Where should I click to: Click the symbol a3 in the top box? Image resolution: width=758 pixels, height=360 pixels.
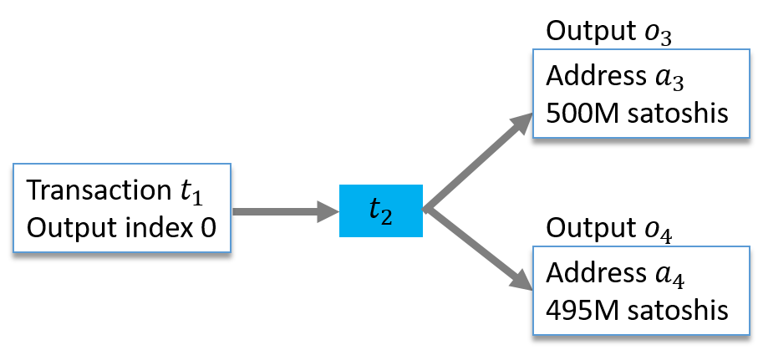click(674, 78)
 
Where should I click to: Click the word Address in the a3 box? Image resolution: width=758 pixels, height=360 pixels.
click(593, 77)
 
